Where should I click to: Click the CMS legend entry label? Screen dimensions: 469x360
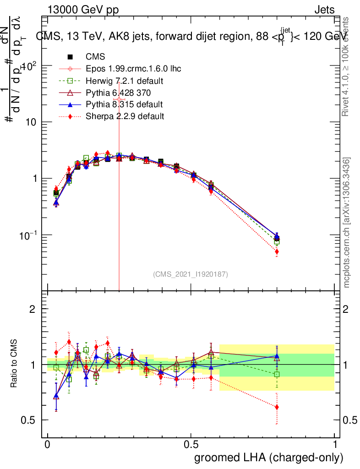(95, 57)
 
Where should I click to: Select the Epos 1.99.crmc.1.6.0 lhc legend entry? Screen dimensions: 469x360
(133, 69)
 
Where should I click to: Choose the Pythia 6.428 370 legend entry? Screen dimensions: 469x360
(121, 93)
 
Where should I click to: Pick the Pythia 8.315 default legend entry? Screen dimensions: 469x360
(124, 104)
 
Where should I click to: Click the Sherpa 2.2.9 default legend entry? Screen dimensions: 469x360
(125, 116)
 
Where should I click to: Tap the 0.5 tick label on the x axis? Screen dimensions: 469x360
(191, 445)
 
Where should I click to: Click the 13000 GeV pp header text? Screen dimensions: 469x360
(83, 10)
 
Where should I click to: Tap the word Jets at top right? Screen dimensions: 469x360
(324, 10)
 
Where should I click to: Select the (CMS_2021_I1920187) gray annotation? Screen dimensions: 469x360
(191, 274)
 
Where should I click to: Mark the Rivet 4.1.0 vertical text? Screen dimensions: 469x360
(347, 66)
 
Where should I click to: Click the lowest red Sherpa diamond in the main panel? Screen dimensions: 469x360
(277, 252)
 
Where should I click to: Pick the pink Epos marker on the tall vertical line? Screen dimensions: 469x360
(119, 99)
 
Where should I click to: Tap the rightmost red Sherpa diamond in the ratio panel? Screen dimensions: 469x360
(277, 407)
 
